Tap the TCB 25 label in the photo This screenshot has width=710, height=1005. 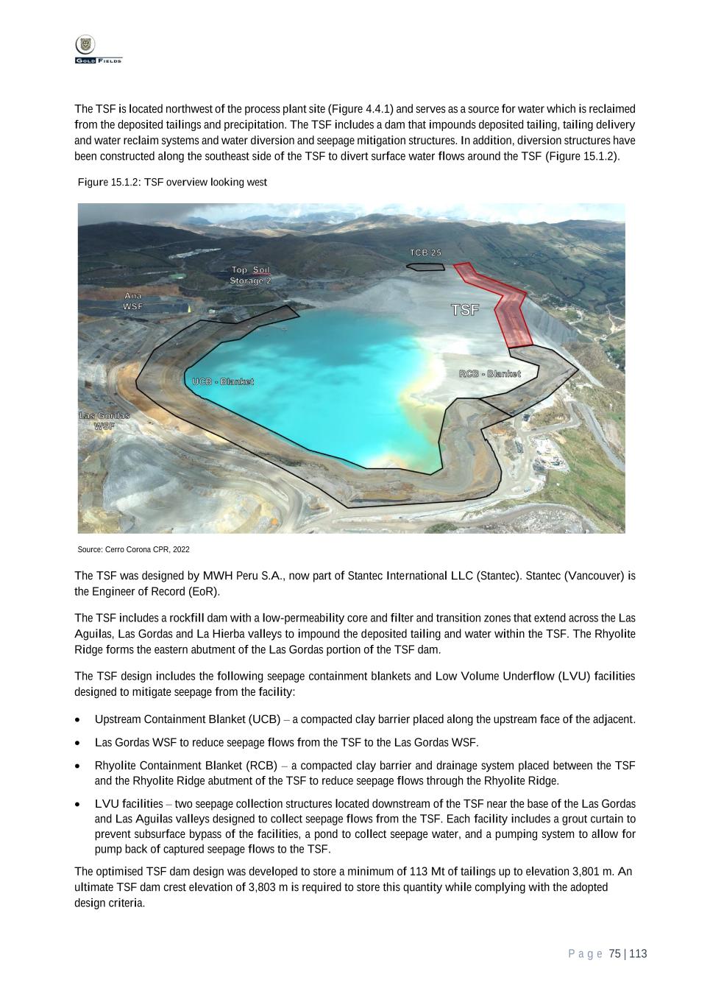(x=425, y=253)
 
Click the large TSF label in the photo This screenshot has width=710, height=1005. (x=465, y=310)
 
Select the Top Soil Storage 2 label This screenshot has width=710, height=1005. (x=250, y=275)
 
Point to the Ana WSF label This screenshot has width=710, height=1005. (x=133, y=300)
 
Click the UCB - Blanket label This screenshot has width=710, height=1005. (x=223, y=381)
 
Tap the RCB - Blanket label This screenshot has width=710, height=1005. (x=489, y=374)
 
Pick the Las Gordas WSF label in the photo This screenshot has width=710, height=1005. (x=104, y=420)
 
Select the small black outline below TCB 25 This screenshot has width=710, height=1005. (x=426, y=266)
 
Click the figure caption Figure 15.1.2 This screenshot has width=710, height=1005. (x=172, y=182)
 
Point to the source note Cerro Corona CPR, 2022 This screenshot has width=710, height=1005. (x=133, y=549)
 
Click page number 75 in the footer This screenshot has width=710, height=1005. (x=615, y=953)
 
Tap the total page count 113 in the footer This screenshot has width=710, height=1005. (x=638, y=953)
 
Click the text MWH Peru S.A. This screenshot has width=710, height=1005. (x=244, y=576)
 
